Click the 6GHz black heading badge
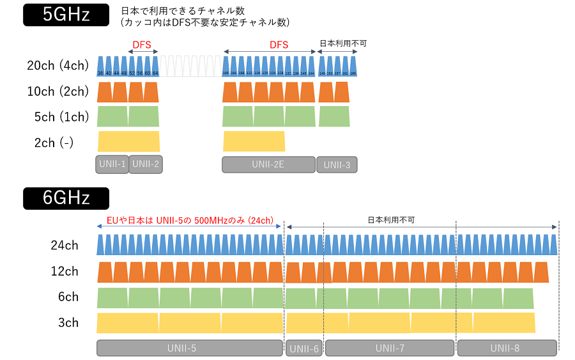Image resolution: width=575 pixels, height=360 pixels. [66, 198]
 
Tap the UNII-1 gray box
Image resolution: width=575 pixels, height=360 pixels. [112, 164]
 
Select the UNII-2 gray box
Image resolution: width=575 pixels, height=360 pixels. [146, 164]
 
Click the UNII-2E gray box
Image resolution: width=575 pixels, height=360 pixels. [268, 164]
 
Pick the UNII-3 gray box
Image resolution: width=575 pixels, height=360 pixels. [337, 165]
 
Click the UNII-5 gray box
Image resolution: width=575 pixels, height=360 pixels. [189, 348]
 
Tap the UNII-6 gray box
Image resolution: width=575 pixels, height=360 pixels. [304, 348]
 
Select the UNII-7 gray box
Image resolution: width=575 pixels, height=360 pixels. [390, 348]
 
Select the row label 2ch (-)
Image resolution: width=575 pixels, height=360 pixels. [54, 143]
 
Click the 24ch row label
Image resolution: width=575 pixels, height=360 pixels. [65, 245]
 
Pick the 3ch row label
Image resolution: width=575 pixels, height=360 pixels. [68, 322]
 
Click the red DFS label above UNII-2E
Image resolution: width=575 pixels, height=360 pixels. [279, 45]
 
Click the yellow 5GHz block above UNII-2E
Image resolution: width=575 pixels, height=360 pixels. [254, 141]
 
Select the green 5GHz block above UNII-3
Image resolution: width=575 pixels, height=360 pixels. [334, 116]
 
